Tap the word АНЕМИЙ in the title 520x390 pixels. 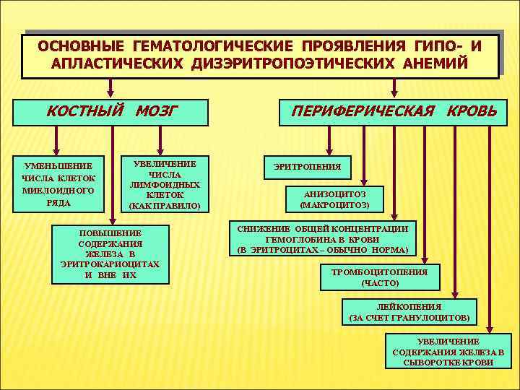point(433,64)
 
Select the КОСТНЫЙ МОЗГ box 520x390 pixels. point(112,112)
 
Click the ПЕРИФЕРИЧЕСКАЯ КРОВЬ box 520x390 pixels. point(394,112)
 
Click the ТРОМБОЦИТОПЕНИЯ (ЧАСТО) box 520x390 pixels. point(379,277)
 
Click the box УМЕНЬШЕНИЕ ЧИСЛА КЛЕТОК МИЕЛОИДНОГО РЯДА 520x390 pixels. point(58,184)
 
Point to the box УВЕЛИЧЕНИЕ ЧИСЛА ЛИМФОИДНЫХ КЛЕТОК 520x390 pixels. point(165,184)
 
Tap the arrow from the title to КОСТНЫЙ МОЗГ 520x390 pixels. point(110,88)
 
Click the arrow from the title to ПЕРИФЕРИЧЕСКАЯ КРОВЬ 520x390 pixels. point(394,88)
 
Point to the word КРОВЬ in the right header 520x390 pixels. point(472,112)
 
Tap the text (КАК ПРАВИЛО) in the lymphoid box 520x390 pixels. point(165,206)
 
